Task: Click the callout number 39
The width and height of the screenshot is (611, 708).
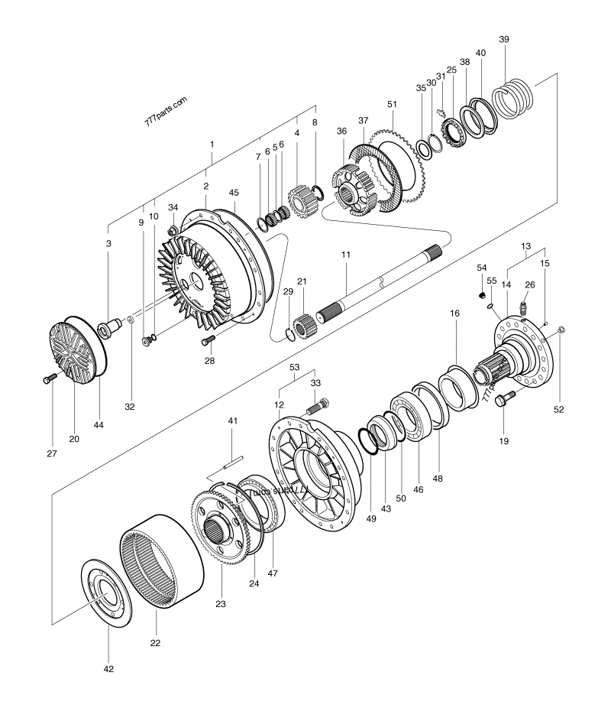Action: [x=503, y=39]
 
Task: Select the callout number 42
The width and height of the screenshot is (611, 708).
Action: [x=108, y=669]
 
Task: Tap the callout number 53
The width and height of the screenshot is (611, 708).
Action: [x=294, y=367]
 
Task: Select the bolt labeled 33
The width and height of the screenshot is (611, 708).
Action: [x=318, y=405]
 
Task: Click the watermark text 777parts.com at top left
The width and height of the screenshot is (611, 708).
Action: [x=165, y=112]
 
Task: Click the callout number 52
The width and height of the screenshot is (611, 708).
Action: [x=559, y=410]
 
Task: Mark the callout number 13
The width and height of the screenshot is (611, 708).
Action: [x=525, y=246]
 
